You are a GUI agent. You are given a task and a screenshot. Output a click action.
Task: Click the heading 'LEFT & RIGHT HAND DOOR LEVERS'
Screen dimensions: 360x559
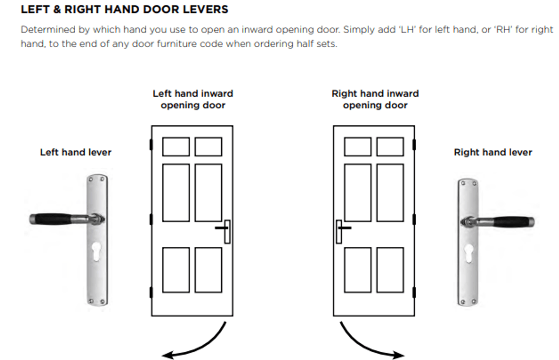point(124,9)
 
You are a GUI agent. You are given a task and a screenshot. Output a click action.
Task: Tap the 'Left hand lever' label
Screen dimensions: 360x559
point(76,152)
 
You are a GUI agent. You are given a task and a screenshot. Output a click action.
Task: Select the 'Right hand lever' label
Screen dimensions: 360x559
point(493,152)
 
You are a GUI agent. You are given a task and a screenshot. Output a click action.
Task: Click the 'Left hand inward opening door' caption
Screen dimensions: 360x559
point(193,99)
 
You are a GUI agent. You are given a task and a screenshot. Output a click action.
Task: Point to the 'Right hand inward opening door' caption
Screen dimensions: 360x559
point(375,99)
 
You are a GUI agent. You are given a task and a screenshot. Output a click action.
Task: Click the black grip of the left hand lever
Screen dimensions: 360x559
point(52,219)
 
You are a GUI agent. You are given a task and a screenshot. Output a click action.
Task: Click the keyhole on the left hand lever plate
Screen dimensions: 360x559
point(96,251)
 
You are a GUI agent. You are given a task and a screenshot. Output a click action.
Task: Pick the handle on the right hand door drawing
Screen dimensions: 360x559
point(342,230)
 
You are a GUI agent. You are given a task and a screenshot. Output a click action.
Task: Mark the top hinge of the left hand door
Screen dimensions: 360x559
point(151,145)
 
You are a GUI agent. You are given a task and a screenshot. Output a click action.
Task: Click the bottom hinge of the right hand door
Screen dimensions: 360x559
point(414,292)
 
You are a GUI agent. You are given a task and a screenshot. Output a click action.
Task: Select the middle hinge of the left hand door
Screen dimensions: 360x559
point(151,219)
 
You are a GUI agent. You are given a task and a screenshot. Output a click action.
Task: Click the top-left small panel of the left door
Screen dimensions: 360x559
point(176,147)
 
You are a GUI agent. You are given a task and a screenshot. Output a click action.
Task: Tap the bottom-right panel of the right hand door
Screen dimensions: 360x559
point(390,270)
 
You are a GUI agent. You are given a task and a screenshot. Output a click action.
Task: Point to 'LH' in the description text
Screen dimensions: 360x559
point(407,29)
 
